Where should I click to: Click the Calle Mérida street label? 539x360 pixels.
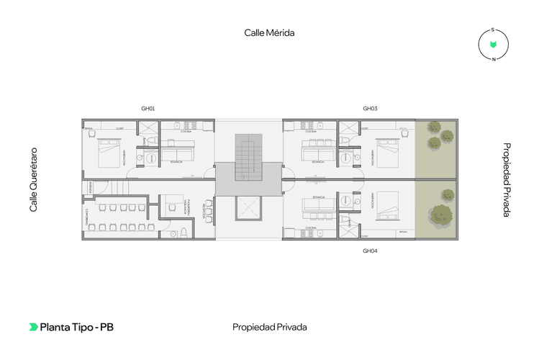[270, 32]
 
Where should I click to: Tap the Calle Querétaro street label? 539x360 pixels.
[33, 180]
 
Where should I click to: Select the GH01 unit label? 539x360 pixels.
[148, 109]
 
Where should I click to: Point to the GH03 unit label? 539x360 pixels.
[370, 109]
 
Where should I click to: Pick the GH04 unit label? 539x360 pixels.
[370, 251]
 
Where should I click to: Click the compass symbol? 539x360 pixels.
[493, 45]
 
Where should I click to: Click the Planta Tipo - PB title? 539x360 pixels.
[76, 327]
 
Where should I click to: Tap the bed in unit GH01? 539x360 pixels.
[110, 153]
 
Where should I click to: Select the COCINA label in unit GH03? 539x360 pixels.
[312, 132]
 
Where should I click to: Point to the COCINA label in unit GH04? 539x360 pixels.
[312, 227]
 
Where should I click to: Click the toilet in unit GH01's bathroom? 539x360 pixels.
[151, 157]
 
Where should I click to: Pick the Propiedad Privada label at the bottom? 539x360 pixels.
[270, 327]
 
